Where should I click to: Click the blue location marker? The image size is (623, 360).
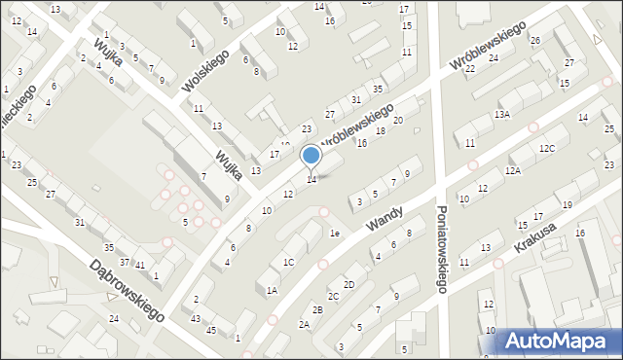pos(311,156)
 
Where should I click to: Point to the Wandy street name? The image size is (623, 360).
pos(385,213)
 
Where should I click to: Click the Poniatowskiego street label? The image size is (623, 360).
pos(441,248)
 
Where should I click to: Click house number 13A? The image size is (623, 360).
pos(501,115)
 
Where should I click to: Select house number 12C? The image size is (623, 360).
pos(548,148)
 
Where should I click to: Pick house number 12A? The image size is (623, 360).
pos(512,171)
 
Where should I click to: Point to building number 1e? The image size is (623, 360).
pos(335,234)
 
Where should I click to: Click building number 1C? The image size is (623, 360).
pos(288,263)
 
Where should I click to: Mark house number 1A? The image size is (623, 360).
pos(272,290)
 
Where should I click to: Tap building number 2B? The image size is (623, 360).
pos(317,309)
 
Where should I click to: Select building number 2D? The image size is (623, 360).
pos(348,284)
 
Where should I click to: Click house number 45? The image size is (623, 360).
pos(211,331)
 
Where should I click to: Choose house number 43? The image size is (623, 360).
pos(196,319)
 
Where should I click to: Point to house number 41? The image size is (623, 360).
pos(140,265)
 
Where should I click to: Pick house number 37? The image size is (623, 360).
pos(124,262)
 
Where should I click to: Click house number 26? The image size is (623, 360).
pos(535,40)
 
